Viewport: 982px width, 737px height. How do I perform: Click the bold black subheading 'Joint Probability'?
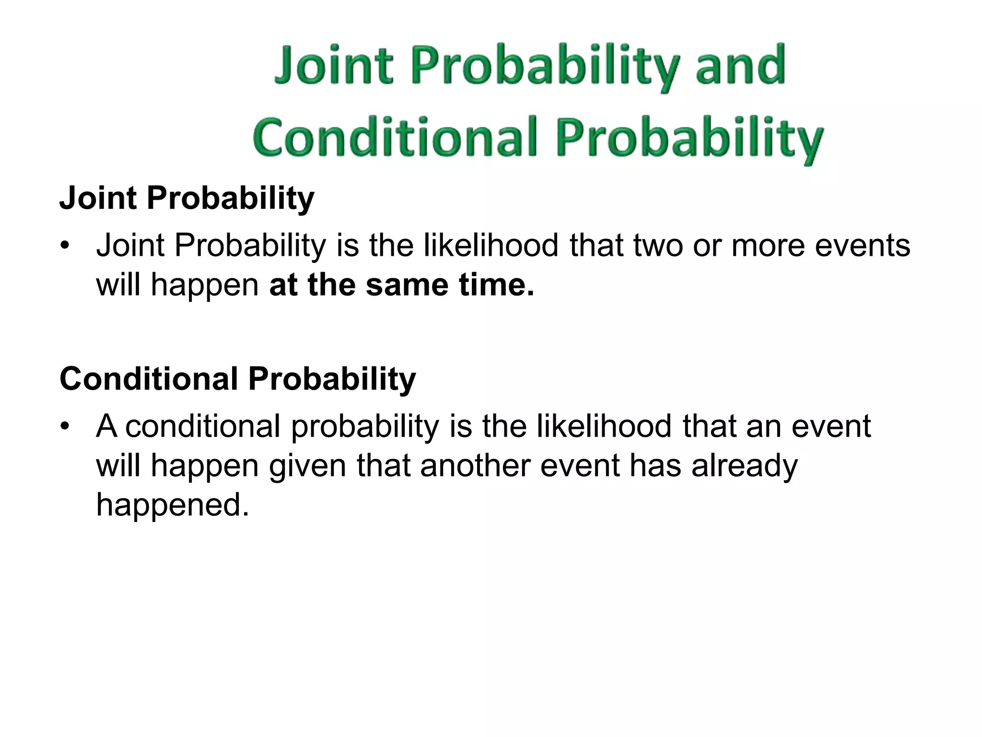187,198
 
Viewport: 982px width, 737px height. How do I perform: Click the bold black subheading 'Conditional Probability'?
237,379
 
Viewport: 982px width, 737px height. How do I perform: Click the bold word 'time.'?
496,285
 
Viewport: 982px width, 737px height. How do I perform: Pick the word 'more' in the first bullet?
768,246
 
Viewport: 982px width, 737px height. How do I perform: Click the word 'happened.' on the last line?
173,505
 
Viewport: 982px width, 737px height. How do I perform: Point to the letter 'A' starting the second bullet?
107,426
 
